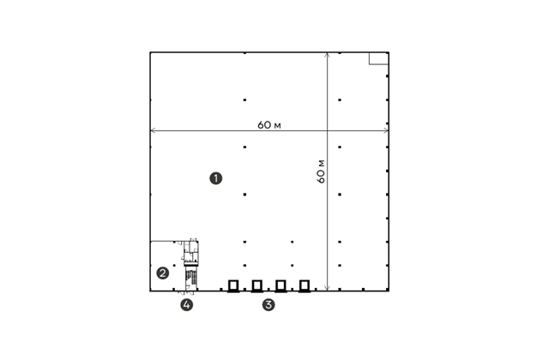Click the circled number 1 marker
pos(215,178)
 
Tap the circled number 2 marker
pos(162,273)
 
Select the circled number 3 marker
pos(268,305)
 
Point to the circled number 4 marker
pos(187,305)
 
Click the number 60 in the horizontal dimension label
pos(264,125)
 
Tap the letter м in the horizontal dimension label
pos(277,126)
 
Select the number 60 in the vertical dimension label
pos(321,177)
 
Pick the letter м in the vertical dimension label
pos(323,164)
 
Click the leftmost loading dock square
pos(233,285)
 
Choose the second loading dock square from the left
pos(257,285)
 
